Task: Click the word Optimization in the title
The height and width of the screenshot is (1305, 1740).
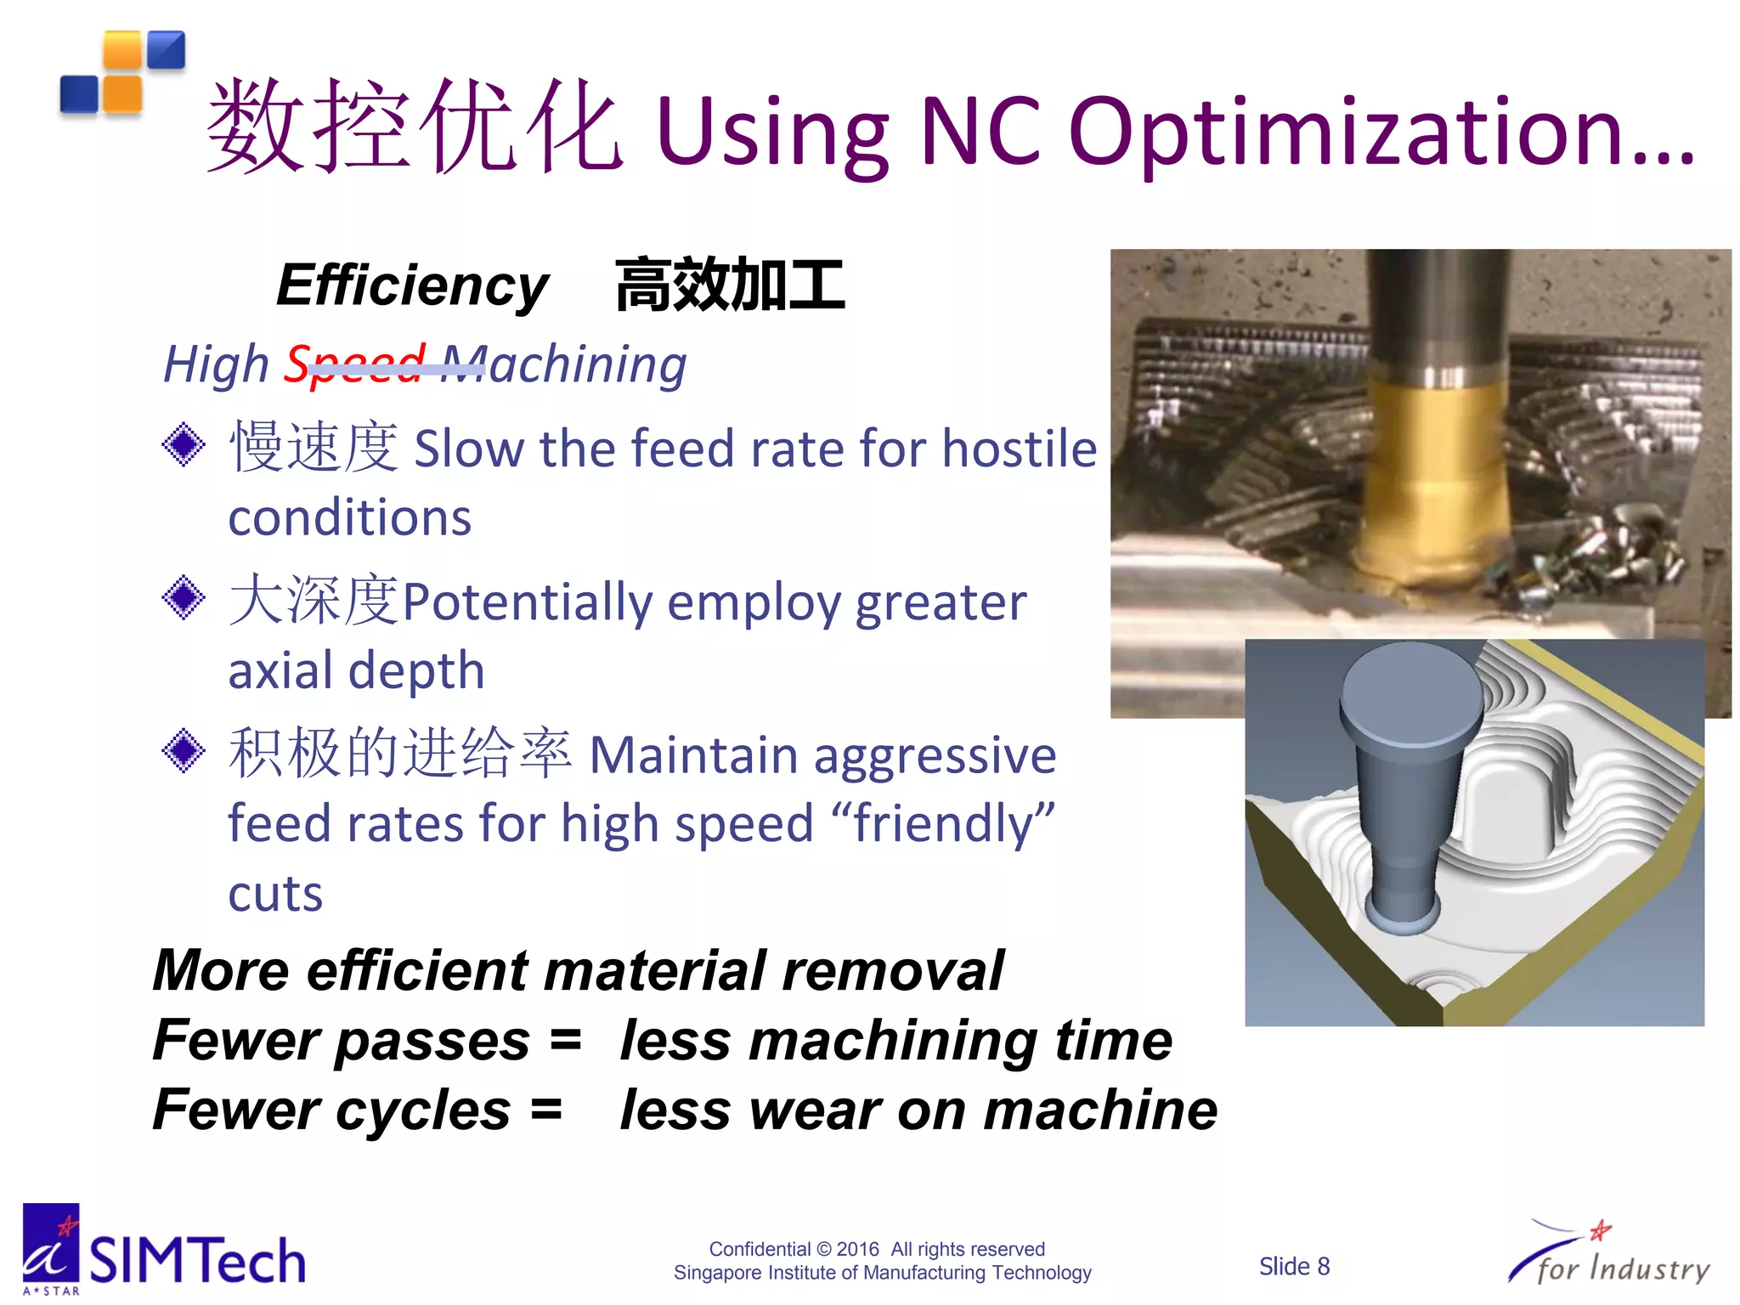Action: point(1381,132)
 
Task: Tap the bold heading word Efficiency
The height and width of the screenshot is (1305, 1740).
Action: point(413,285)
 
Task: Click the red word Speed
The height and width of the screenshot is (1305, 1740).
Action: point(354,364)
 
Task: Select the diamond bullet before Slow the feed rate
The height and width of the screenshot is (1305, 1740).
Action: point(184,444)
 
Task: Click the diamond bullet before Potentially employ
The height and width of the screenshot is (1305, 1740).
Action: point(184,597)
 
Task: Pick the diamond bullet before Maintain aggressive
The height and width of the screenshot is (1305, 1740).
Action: point(184,751)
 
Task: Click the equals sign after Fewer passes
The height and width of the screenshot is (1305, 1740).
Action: point(565,1039)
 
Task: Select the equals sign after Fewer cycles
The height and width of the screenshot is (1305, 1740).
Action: point(546,1109)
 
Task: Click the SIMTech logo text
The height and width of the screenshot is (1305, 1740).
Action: point(197,1260)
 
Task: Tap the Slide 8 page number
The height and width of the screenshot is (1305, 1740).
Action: point(1294,1266)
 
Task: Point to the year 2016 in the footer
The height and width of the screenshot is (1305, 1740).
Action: point(857,1249)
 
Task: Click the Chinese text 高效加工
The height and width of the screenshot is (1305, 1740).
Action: point(730,285)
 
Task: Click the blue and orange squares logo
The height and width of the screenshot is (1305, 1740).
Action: point(122,73)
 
